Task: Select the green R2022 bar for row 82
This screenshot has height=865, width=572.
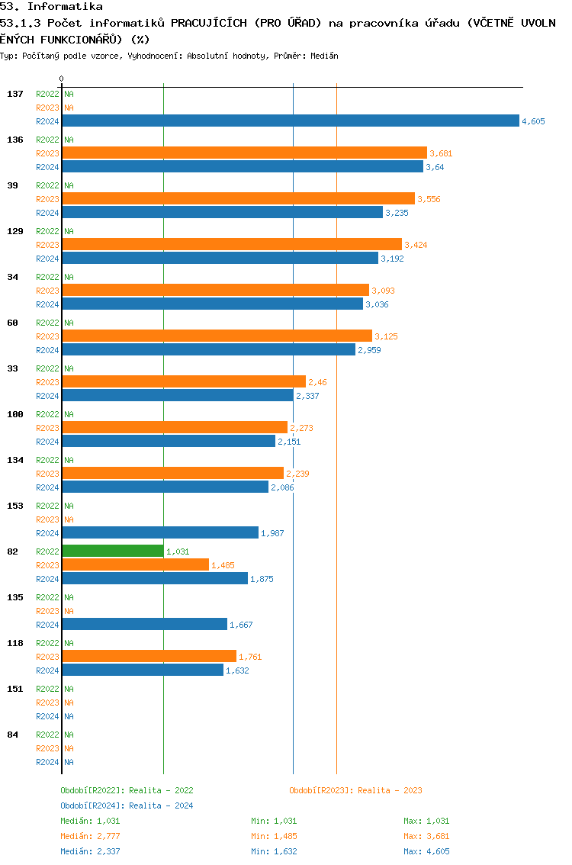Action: pyautogui.click(x=112, y=551)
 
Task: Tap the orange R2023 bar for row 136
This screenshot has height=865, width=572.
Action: pyautogui.click(x=244, y=153)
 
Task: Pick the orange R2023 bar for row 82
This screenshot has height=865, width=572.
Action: pyautogui.click(x=135, y=564)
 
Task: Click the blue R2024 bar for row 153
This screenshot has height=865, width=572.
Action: pyautogui.click(x=160, y=532)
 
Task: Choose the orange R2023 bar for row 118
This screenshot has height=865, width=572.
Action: pyautogui.click(x=149, y=656)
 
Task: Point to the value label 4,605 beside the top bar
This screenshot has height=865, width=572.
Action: pyautogui.click(x=533, y=121)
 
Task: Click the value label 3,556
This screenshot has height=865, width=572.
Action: pyautogui.click(x=429, y=199)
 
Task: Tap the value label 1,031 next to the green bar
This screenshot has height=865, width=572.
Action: pyautogui.click(x=178, y=551)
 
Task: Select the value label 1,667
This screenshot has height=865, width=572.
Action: pyautogui.click(x=241, y=625)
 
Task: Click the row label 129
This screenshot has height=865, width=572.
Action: pyautogui.click(x=15, y=231)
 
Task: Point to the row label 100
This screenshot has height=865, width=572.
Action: pyautogui.click(x=15, y=414)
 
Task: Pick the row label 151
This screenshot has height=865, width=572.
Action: pyautogui.click(x=15, y=689)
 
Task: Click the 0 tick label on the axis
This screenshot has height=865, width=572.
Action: pyautogui.click(x=62, y=79)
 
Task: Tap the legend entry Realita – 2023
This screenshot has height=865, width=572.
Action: pyautogui.click(x=355, y=790)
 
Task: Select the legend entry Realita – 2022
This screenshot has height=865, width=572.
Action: pyautogui.click(x=127, y=790)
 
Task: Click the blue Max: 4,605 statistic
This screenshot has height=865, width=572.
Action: pyautogui.click(x=426, y=851)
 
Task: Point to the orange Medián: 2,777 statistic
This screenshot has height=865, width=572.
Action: pyautogui.click(x=90, y=836)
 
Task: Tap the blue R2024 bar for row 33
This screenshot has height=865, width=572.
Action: pyautogui.click(x=177, y=395)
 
